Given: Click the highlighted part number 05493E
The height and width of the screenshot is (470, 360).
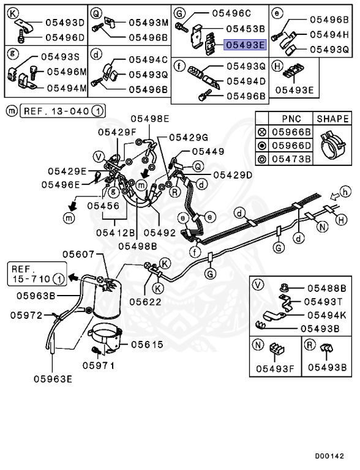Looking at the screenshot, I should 245,45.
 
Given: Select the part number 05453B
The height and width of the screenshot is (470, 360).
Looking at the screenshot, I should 245,29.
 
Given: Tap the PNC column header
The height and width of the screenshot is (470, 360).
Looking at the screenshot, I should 291,119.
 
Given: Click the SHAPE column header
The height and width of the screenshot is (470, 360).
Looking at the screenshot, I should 332,119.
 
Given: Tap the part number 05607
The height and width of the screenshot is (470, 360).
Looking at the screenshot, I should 78,253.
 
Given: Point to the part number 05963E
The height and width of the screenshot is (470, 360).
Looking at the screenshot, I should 53,379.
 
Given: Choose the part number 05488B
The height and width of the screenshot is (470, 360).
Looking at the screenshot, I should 326,288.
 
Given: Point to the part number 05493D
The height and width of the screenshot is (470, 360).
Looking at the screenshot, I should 64,23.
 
